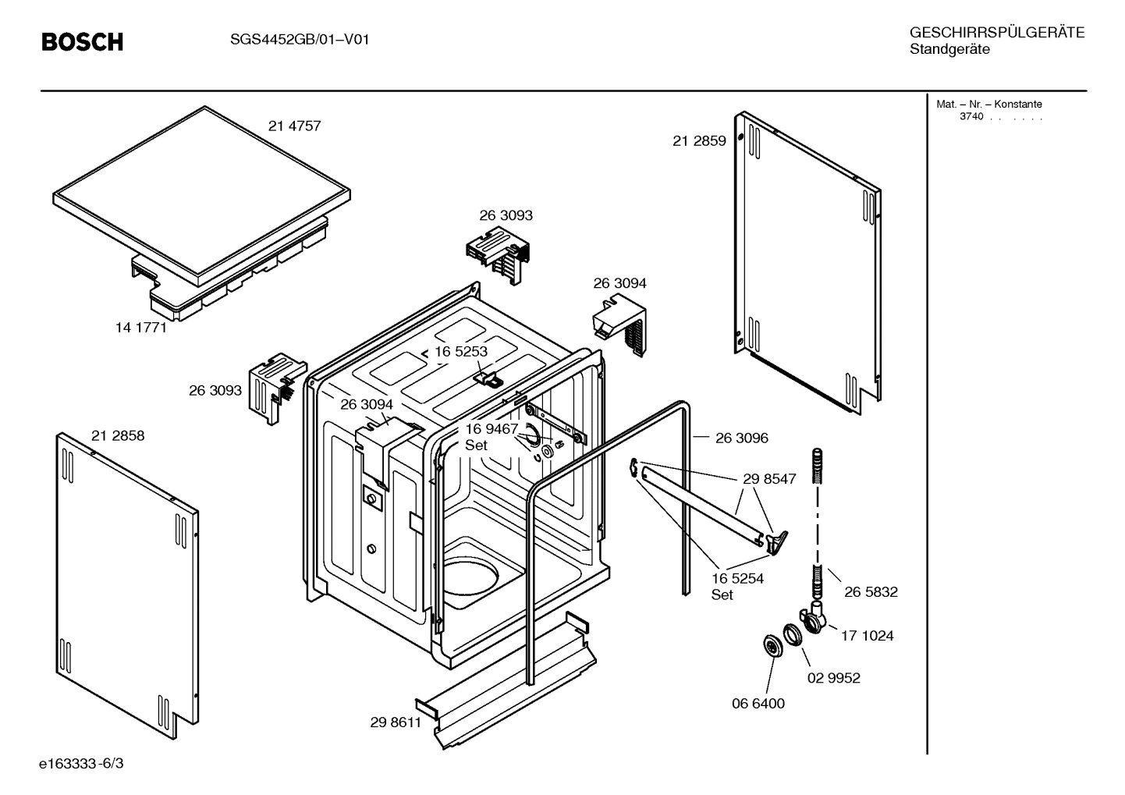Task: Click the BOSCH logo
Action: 82,41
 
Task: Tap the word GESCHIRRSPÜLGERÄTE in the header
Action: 996,33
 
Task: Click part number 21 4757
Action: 294,126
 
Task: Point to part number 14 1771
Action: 141,328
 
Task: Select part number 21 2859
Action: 699,141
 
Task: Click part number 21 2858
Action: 118,436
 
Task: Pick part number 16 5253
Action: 460,352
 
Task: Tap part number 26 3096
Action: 741,438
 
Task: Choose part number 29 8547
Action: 768,479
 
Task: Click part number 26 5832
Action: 870,592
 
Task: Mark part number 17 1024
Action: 867,636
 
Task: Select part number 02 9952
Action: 833,678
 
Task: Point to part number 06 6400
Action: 758,704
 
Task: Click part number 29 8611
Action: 396,722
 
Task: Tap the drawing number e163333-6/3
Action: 81,763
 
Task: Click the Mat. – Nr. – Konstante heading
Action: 988,105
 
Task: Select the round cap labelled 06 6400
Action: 772,646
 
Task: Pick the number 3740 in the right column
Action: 971,117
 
